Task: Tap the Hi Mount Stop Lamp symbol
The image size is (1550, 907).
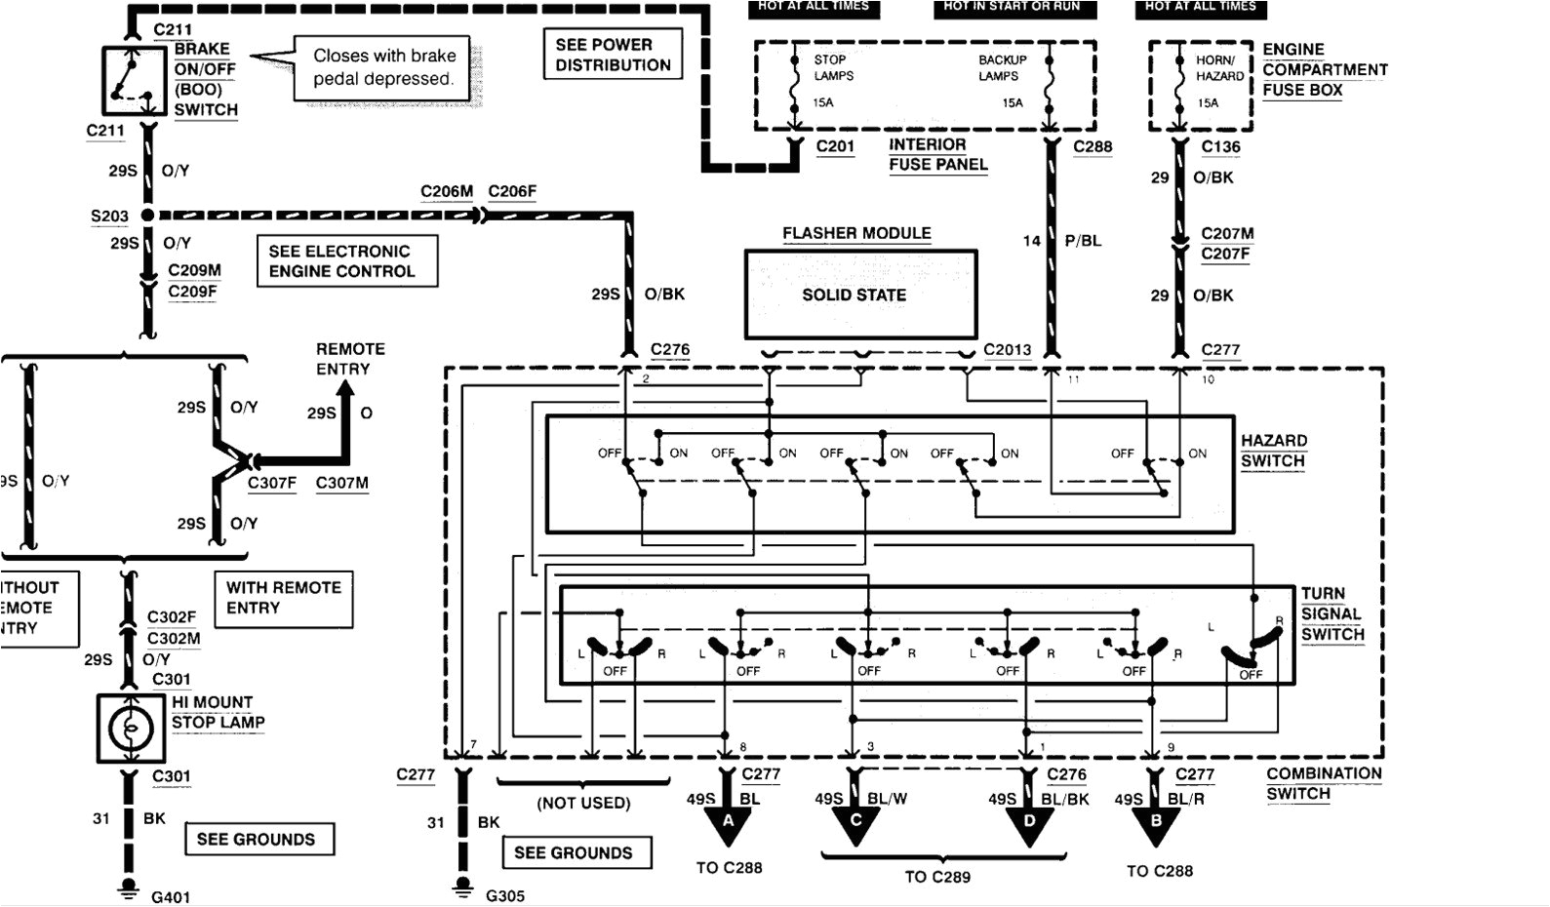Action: tap(131, 729)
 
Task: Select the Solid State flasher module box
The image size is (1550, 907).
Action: tap(860, 295)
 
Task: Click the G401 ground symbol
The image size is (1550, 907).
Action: tap(127, 887)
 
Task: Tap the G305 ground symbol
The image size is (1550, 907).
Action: tap(461, 887)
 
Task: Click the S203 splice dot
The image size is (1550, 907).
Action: tap(147, 215)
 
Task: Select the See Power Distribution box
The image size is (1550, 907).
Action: tap(613, 55)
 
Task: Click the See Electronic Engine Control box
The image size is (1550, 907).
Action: tap(346, 261)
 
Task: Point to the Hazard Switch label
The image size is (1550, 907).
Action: tap(1273, 451)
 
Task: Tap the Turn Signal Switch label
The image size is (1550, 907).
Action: tap(1331, 614)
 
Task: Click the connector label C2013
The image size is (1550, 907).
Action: tap(1007, 349)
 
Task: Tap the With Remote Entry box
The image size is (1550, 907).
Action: tap(283, 598)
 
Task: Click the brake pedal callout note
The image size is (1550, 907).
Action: tap(383, 68)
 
